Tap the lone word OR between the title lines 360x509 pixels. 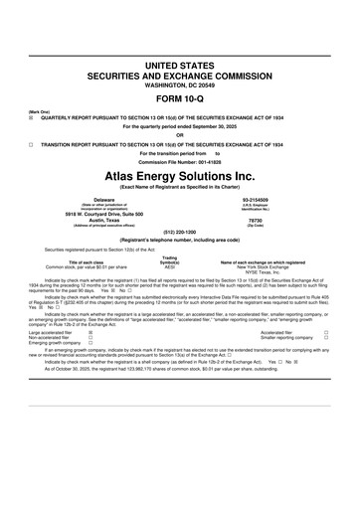pyautogui.click(x=180, y=136)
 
